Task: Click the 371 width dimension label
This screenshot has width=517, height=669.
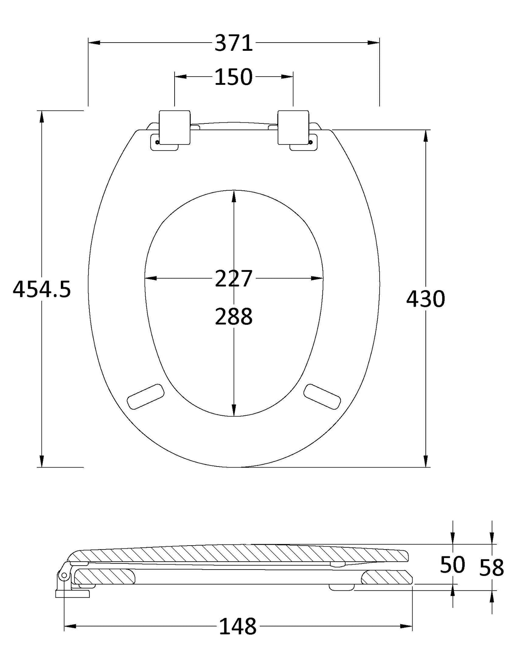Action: (x=234, y=43)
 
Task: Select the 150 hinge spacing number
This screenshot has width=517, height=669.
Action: (x=234, y=77)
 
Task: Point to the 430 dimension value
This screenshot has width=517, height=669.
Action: (x=425, y=299)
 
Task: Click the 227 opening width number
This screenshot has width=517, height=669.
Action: (x=234, y=279)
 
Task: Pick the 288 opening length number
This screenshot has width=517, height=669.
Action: (x=234, y=317)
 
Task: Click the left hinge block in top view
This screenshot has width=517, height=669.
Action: (x=174, y=127)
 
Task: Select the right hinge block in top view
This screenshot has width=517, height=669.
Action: (x=293, y=127)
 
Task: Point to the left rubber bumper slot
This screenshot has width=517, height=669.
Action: (x=146, y=396)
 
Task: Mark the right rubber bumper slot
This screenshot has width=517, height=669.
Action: (x=322, y=396)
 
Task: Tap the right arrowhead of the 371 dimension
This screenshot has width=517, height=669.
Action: (x=374, y=43)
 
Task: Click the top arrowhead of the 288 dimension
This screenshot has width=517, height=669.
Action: (x=234, y=195)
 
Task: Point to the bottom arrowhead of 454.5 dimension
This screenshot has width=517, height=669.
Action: (x=42, y=462)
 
